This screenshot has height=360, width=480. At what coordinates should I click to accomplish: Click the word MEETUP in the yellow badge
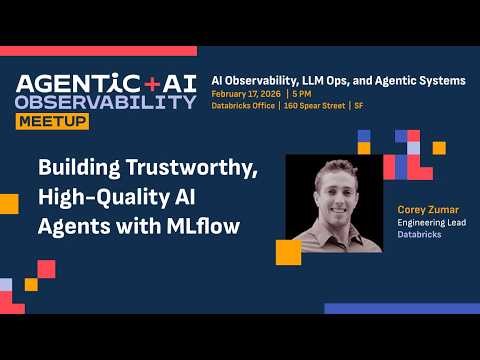pyautogui.click(x=51, y=121)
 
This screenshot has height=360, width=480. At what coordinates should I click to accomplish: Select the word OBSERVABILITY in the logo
pyautogui.click(x=106, y=102)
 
